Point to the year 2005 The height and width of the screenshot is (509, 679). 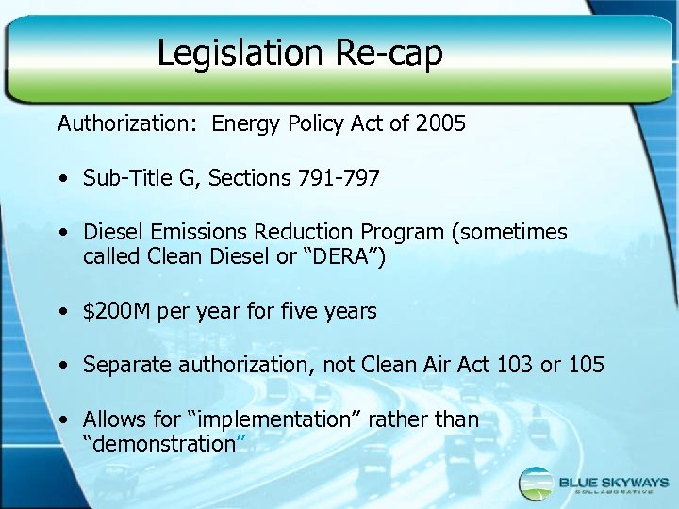[x=440, y=123]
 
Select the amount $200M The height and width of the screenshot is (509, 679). [x=118, y=311]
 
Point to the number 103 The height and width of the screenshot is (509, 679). [x=513, y=365]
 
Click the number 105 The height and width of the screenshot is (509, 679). [x=585, y=365]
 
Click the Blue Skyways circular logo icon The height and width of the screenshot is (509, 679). [x=537, y=484]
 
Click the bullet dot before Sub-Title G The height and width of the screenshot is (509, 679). [x=62, y=179]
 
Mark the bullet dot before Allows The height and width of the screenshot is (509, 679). [x=62, y=420]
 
